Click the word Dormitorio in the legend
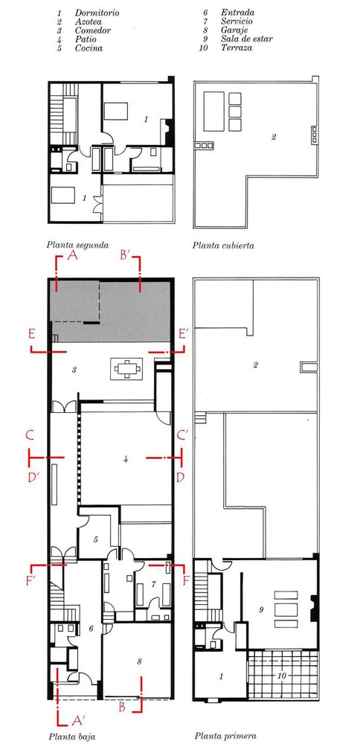97,13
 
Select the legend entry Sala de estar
247,39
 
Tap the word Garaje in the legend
234,31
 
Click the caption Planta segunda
78,246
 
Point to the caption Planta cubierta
223,246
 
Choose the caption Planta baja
71,737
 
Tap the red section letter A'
78,721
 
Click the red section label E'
184,335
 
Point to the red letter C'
182,434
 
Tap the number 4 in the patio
125,459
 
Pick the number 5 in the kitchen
96,539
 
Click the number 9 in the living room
261,610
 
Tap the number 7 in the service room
153,584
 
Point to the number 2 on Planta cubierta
274,138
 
